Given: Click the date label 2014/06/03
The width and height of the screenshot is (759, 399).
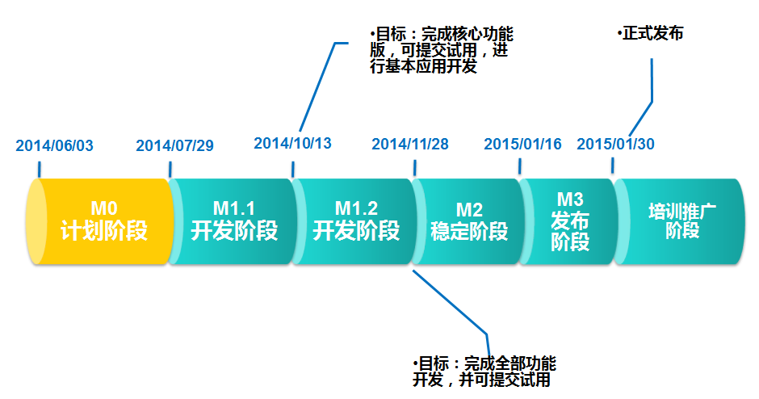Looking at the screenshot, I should click(55, 145).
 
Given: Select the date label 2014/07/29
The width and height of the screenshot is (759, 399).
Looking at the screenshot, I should click(174, 145).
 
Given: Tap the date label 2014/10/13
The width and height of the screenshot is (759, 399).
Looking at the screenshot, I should click(292, 143).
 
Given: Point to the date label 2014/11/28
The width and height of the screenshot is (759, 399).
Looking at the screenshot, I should click(410, 145).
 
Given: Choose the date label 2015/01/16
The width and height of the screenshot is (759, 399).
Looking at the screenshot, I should click(522, 145).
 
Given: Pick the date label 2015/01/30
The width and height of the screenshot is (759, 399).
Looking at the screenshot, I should click(615, 145).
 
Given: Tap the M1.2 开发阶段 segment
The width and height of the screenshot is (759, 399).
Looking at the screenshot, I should click(355, 221).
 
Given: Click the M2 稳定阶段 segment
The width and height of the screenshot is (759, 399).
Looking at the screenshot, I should click(469, 221).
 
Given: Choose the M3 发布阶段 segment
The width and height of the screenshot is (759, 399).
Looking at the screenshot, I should click(569, 221).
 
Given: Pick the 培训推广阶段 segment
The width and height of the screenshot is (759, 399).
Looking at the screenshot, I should click(682, 221).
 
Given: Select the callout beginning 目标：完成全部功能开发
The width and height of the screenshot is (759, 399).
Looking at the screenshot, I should click(484, 372).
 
